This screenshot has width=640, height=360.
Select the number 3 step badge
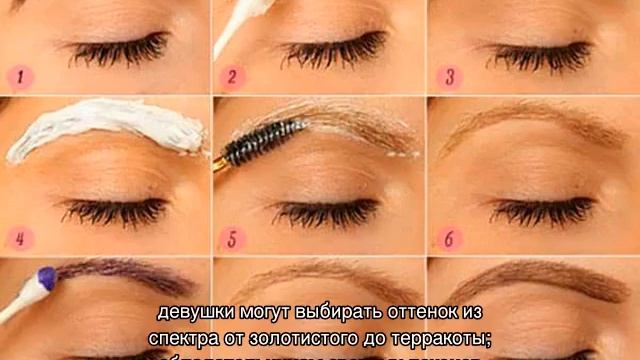450,77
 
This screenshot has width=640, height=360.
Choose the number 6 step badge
449,239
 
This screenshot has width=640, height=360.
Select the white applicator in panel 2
230,25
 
